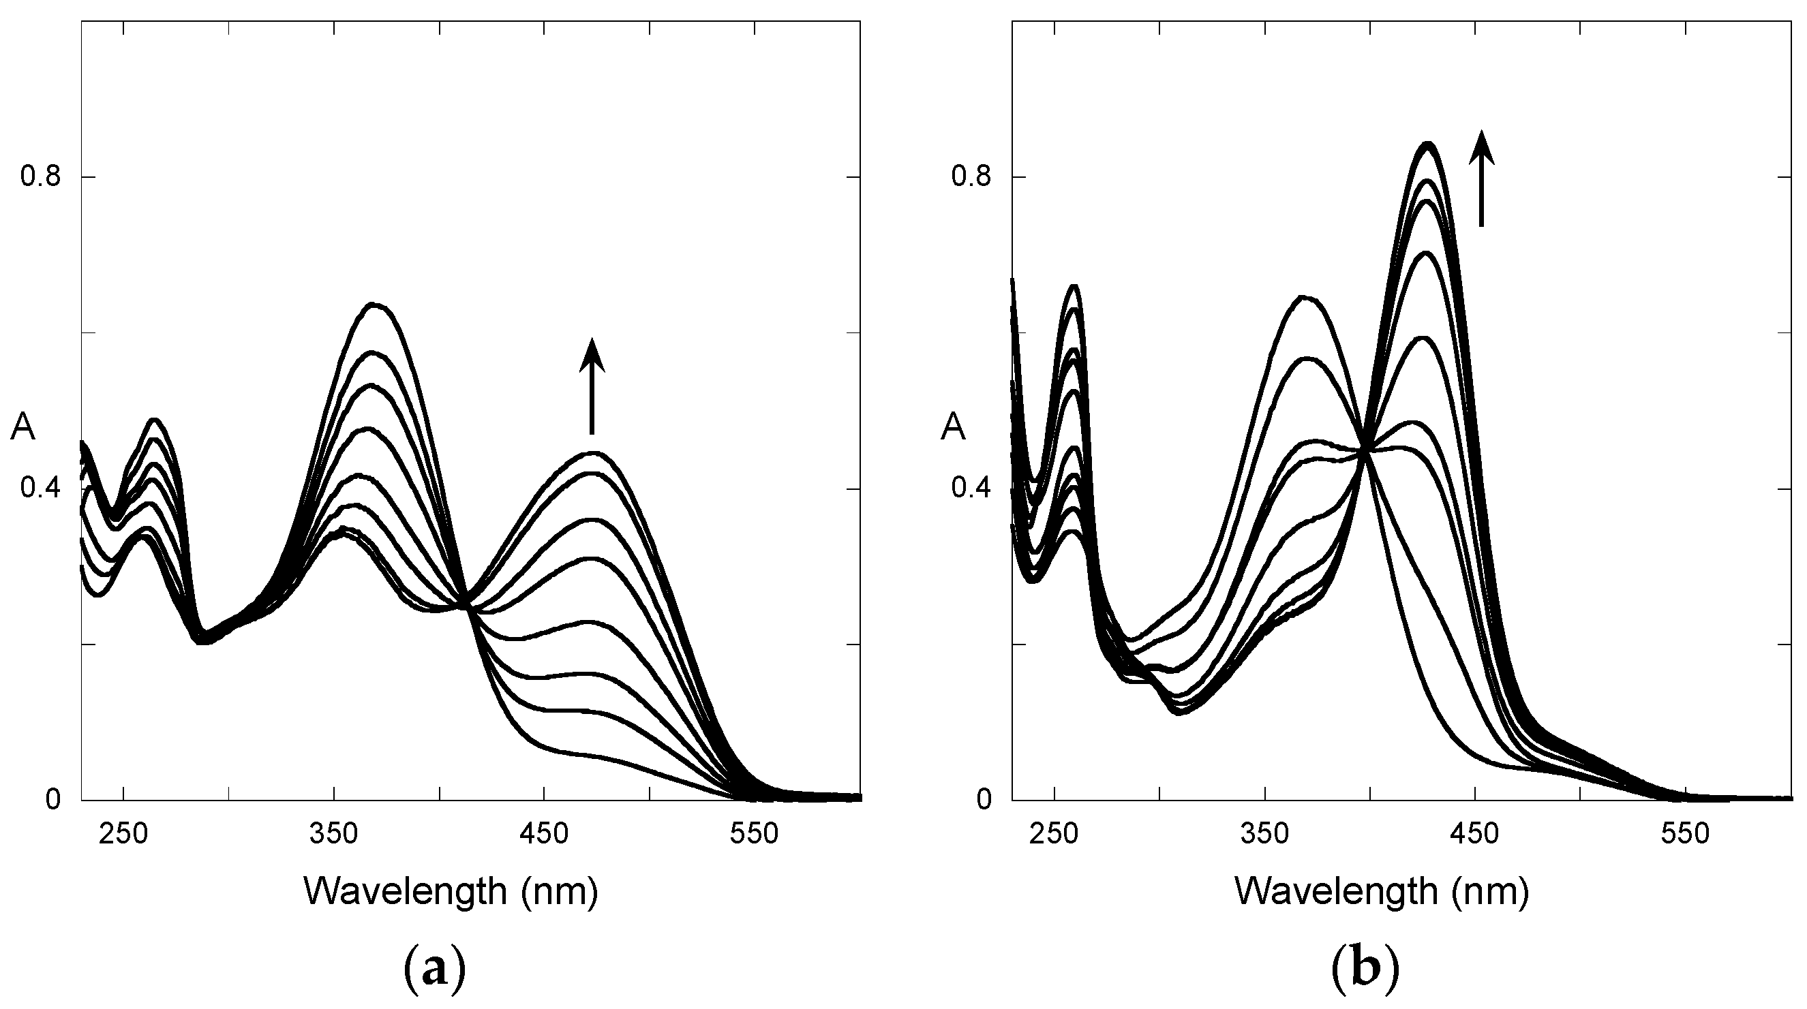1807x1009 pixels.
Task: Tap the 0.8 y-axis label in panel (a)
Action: pyautogui.click(x=40, y=176)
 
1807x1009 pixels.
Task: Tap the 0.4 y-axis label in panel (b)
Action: pyautogui.click(x=971, y=488)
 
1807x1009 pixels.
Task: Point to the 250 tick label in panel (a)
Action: pyautogui.click(x=123, y=835)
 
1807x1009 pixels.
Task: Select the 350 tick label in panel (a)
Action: pyautogui.click(x=334, y=835)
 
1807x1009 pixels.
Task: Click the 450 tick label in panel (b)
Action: pyautogui.click(x=1475, y=835)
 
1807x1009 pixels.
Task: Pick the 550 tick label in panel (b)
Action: pyautogui.click(x=1685, y=835)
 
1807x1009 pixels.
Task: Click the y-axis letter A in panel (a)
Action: pyautogui.click(x=22, y=428)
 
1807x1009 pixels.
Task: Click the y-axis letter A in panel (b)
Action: pyautogui.click(x=953, y=428)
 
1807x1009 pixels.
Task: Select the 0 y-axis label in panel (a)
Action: pyautogui.click(x=52, y=799)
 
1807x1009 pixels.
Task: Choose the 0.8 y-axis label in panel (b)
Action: pyautogui.click(x=971, y=176)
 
